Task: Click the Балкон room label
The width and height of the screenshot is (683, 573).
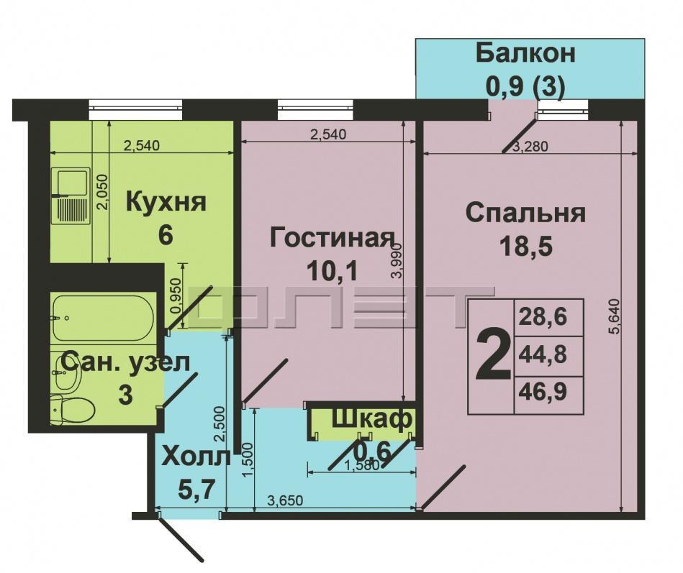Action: tap(525, 54)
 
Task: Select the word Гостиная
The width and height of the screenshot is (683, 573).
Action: tap(333, 238)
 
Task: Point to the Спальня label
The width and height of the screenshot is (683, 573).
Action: tap(526, 214)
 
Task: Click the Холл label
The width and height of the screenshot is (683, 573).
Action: tap(196, 457)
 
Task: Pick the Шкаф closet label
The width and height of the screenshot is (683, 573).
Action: tap(371, 419)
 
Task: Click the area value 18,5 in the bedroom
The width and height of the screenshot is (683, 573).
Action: tap(526, 247)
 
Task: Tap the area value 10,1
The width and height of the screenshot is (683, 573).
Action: tap(332, 271)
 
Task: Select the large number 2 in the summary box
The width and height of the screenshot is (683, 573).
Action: tap(493, 355)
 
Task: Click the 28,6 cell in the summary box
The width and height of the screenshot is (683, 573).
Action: tap(543, 317)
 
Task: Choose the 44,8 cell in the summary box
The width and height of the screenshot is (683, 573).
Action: tap(543, 355)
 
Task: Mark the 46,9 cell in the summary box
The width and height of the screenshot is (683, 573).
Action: tap(543, 393)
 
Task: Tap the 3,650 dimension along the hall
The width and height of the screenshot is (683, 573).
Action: tap(285, 501)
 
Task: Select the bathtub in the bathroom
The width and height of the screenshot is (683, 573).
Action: tap(103, 316)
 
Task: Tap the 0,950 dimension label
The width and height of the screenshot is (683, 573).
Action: tap(176, 296)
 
